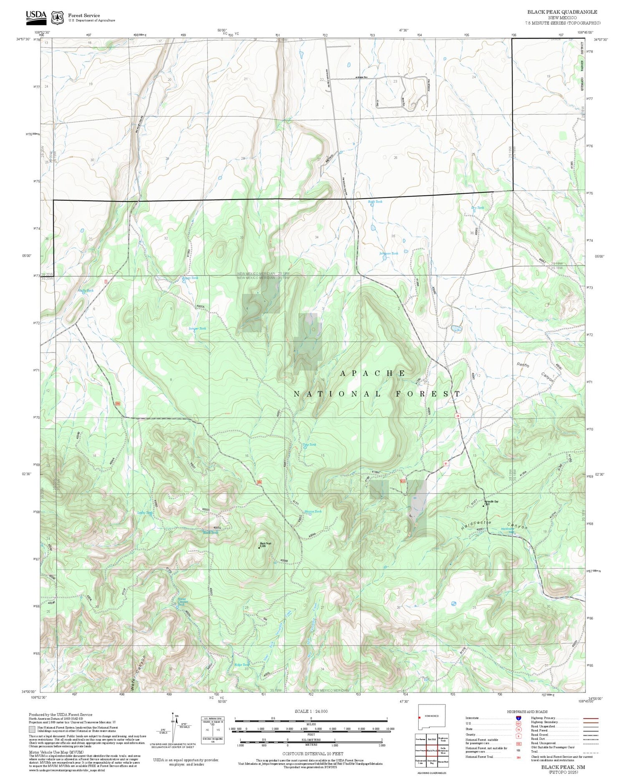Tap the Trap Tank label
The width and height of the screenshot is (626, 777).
coord(309,444)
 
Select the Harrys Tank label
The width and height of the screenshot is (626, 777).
coord(313,511)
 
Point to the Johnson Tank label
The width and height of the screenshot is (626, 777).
coord(389,253)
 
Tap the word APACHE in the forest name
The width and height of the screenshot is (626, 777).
coord(373,373)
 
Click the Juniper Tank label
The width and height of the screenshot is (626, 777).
coord(197,328)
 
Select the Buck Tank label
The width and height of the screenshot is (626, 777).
coord(375,202)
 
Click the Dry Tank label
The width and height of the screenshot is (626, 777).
coord(477,207)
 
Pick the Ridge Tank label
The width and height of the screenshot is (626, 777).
coord(242,665)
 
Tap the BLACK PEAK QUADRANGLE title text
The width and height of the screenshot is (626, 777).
coord(562,12)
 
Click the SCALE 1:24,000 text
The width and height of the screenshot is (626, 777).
coord(311,711)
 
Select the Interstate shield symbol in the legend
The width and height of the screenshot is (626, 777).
coord(518,718)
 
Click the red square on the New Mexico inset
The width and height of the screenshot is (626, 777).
coord(419,718)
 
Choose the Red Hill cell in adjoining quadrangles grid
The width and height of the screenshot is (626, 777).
coord(432,739)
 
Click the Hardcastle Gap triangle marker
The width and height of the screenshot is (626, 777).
coord(484,506)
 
